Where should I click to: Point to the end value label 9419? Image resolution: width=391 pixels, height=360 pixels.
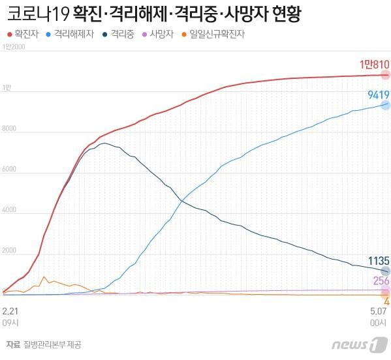[x=379, y=95]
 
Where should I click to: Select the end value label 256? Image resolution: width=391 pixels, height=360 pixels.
[x=381, y=280]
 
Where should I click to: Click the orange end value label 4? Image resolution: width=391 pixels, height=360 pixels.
[x=386, y=301]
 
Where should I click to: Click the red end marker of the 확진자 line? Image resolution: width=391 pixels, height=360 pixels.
[x=386, y=75]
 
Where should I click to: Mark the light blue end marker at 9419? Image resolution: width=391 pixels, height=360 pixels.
[x=386, y=105]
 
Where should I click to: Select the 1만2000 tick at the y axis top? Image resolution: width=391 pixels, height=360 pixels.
[x=14, y=48]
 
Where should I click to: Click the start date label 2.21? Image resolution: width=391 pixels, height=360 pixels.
[x=10, y=312]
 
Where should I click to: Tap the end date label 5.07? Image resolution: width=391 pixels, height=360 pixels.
[x=379, y=312]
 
